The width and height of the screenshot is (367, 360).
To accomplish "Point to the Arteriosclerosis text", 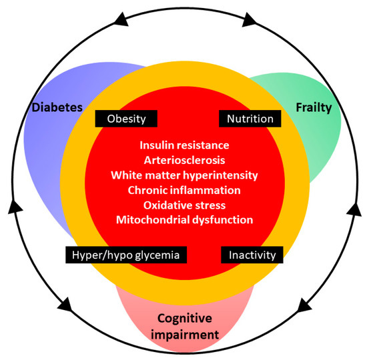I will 183,160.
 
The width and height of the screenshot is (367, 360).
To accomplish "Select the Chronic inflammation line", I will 183,190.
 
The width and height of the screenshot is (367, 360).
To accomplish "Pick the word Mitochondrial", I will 149,220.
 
